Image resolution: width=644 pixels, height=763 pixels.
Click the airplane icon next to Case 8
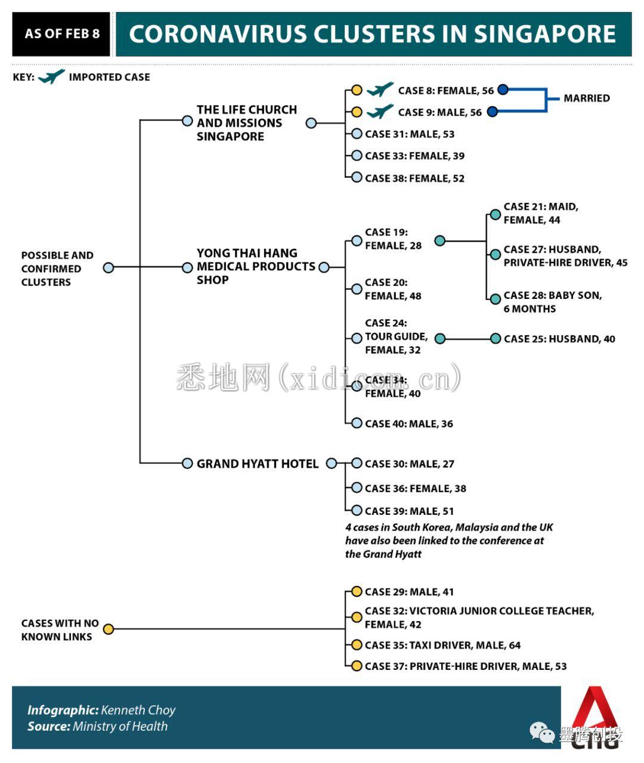(379, 89)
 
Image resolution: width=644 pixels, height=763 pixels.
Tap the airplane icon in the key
(51, 76)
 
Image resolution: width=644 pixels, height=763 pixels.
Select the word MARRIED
(587, 98)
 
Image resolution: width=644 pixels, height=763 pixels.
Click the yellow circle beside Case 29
(357, 592)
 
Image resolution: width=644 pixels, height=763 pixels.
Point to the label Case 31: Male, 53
(410, 134)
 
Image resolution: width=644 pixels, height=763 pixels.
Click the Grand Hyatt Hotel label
(258, 464)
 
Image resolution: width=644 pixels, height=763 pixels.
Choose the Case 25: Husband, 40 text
(559, 339)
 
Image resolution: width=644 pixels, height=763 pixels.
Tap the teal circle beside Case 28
(495, 299)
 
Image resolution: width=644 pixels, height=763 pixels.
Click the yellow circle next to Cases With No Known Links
(108, 629)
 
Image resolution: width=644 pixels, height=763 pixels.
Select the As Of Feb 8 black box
(61, 34)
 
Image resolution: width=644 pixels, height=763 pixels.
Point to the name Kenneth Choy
(138, 710)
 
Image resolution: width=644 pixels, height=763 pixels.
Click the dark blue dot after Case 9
(493, 112)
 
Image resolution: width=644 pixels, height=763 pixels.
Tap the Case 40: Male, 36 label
(408, 424)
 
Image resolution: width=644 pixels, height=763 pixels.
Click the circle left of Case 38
(357, 177)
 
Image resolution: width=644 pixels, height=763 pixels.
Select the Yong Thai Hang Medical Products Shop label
(256, 267)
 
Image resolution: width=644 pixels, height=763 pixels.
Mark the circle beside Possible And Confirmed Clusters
(108, 268)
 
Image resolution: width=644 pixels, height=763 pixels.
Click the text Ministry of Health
(120, 726)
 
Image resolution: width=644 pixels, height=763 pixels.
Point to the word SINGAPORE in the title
(544, 34)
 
